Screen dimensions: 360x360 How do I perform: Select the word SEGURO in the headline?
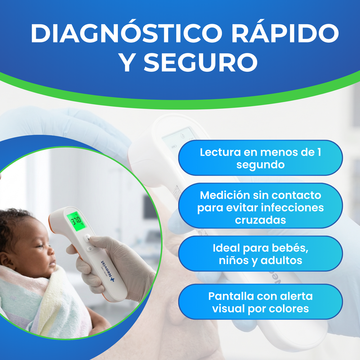tap(200, 63)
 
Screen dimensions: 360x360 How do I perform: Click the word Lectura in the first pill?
tap(216, 152)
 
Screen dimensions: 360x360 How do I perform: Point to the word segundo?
tap(260, 165)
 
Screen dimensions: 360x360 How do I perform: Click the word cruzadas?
tap(260, 220)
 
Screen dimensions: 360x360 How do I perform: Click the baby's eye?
tap(39, 246)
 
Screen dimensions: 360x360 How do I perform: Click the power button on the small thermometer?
tap(90, 249)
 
